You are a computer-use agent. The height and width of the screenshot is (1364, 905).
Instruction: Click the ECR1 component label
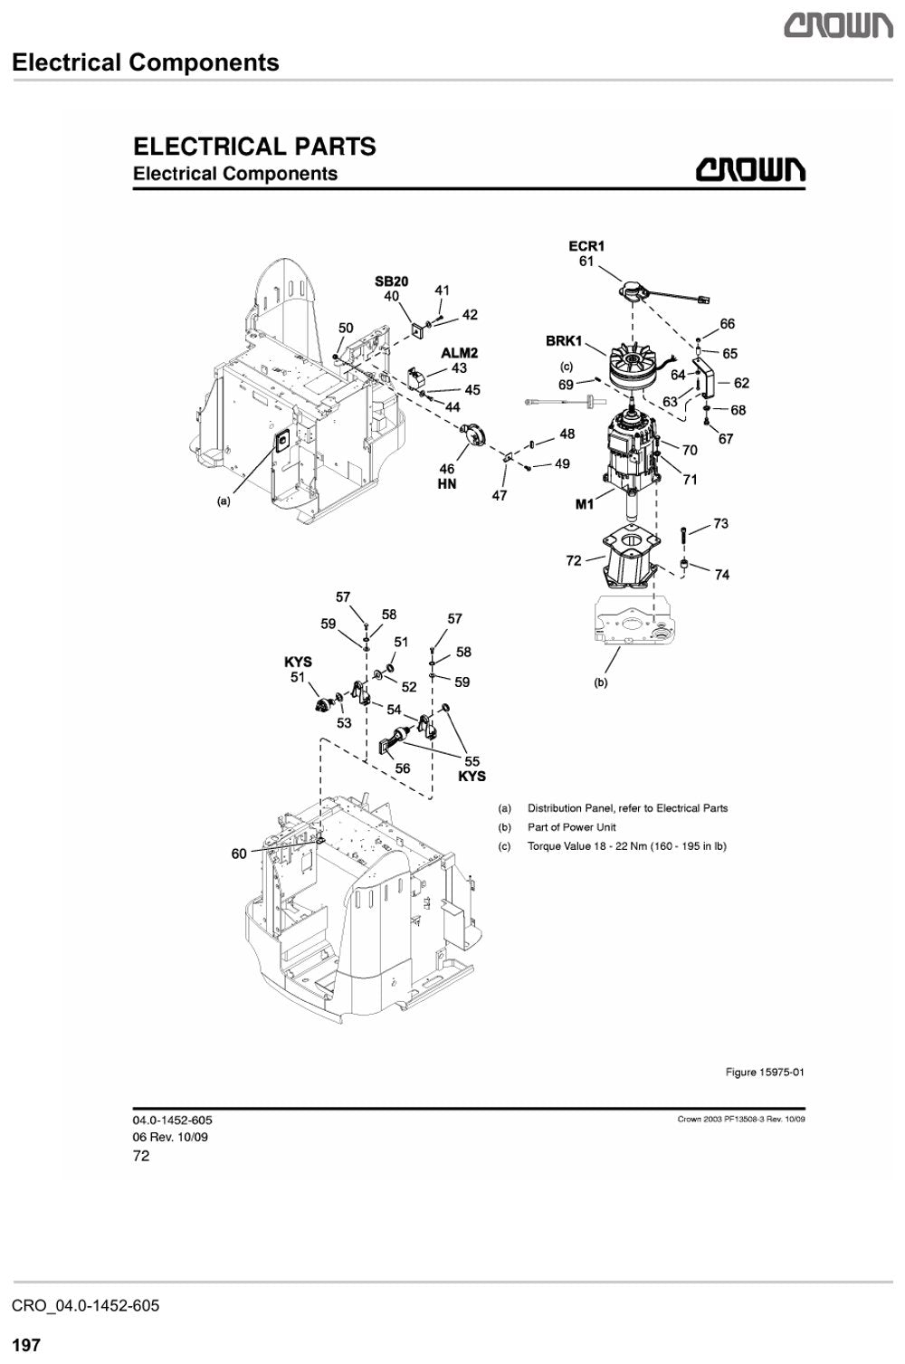(586, 246)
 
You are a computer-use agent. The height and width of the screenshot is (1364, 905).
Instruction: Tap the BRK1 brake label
(564, 341)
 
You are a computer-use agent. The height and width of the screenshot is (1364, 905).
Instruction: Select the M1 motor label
(584, 504)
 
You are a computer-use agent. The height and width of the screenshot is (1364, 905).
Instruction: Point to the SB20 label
(392, 281)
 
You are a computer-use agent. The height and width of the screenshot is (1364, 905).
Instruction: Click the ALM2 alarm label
(459, 353)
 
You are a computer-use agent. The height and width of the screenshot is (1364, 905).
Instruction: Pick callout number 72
(574, 560)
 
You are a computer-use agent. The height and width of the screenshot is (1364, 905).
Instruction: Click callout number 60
(239, 854)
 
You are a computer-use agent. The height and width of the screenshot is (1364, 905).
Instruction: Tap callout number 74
(721, 575)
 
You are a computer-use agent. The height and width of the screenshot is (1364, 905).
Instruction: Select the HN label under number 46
(447, 484)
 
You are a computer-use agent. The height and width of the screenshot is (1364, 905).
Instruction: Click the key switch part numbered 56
(395, 741)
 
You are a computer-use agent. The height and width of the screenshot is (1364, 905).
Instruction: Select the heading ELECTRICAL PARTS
(254, 147)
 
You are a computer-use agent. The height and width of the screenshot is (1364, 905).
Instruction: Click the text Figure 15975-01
(765, 1073)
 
